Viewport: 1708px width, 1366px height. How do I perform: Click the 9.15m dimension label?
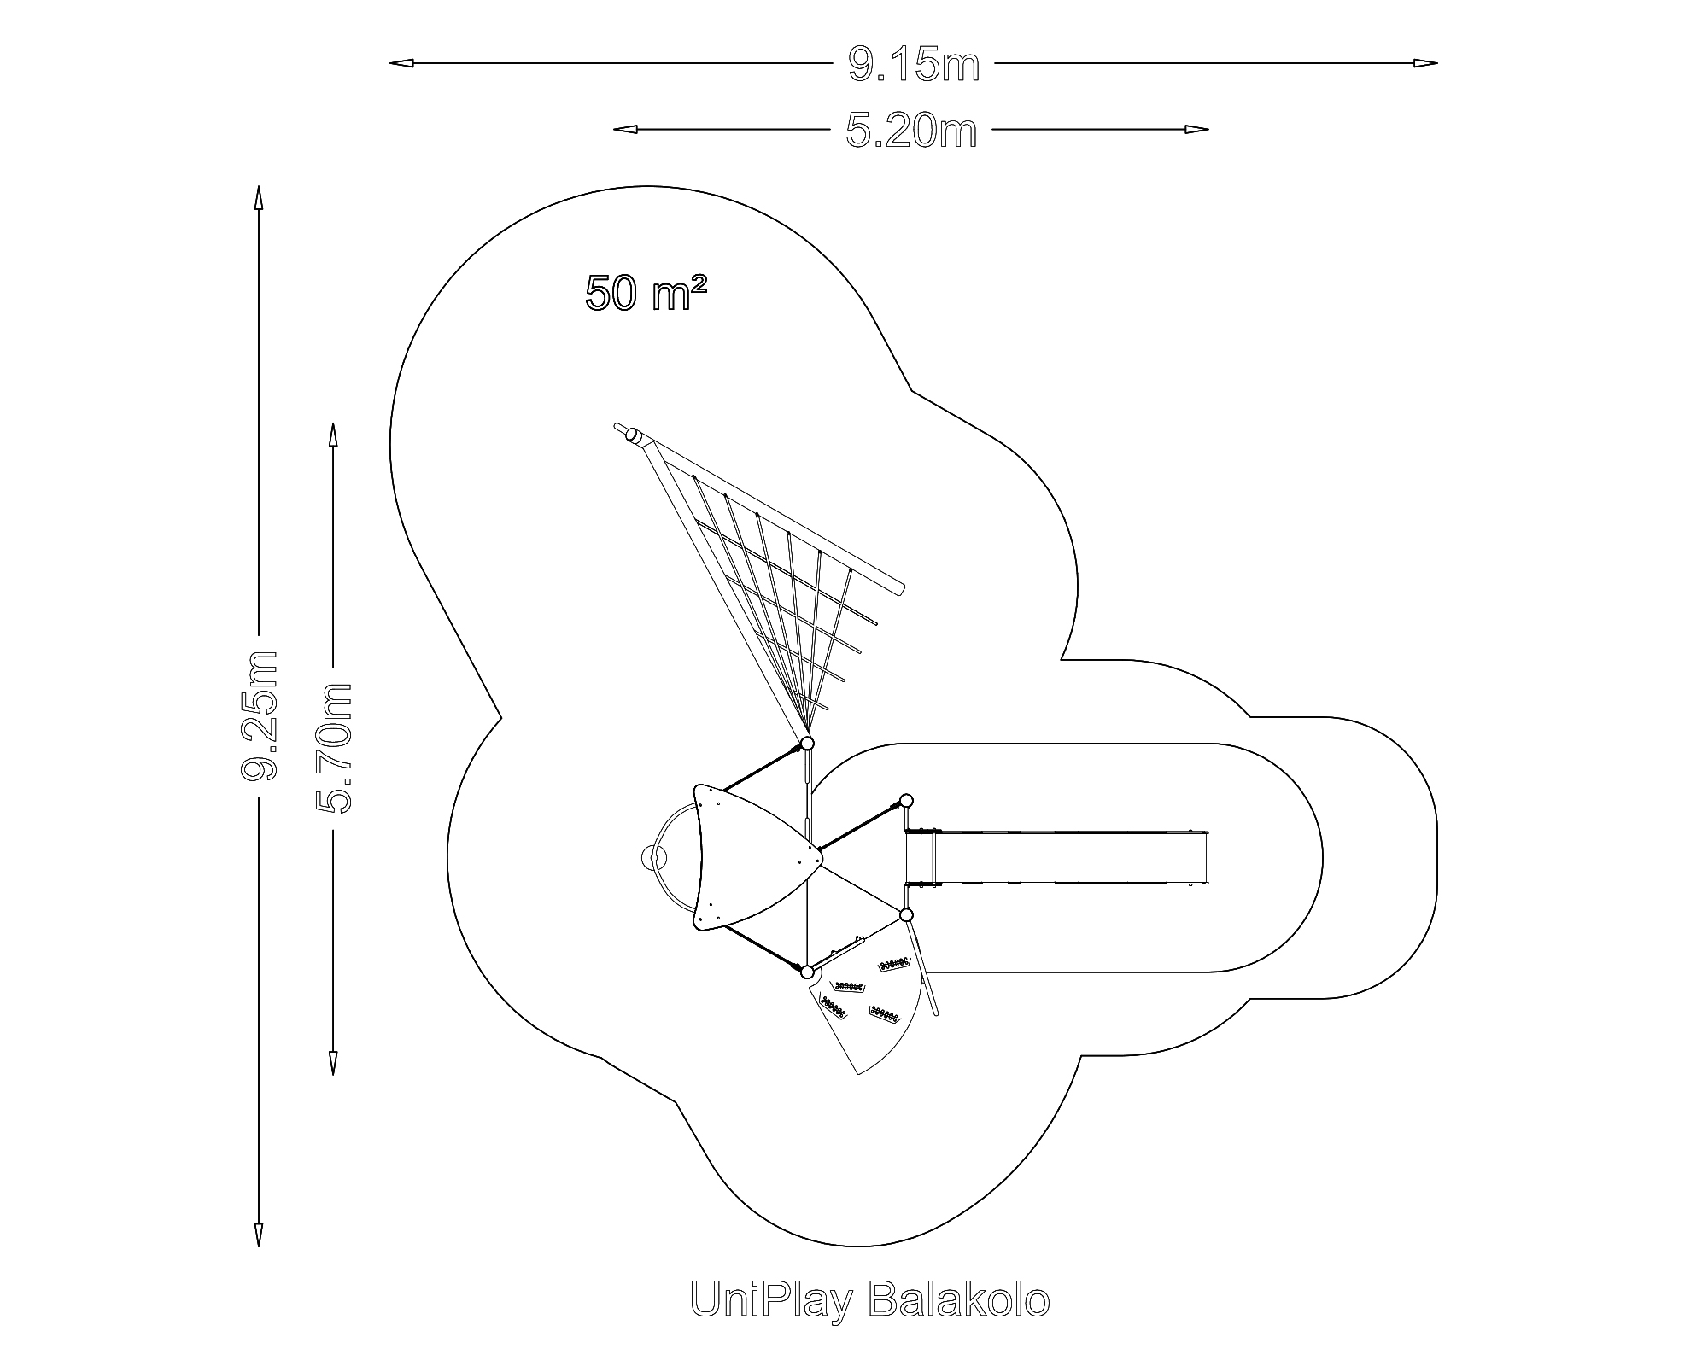pyautogui.click(x=913, y=65)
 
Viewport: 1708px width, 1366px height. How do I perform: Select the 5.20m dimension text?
pyautogui.click(x=911, y=131)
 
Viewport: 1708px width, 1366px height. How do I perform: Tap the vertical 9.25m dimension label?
pyautogui.click(x=260, y=715)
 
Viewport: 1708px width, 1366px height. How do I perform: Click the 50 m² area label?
pyautogui.click(x=646, y=293)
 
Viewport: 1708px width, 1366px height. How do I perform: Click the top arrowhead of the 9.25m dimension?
pyautogui.click(x=258, y=197)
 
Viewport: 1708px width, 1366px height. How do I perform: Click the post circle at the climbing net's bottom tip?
pyautogui.click(x=806, y=743)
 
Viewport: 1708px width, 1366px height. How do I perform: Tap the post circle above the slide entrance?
pyautogui.click(x=906, y=801)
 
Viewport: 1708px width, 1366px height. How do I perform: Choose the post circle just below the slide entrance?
pyautogui.click(x=906, y=915)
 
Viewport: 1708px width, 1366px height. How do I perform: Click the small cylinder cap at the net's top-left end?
pyautogui.click(x=633, y=435)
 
